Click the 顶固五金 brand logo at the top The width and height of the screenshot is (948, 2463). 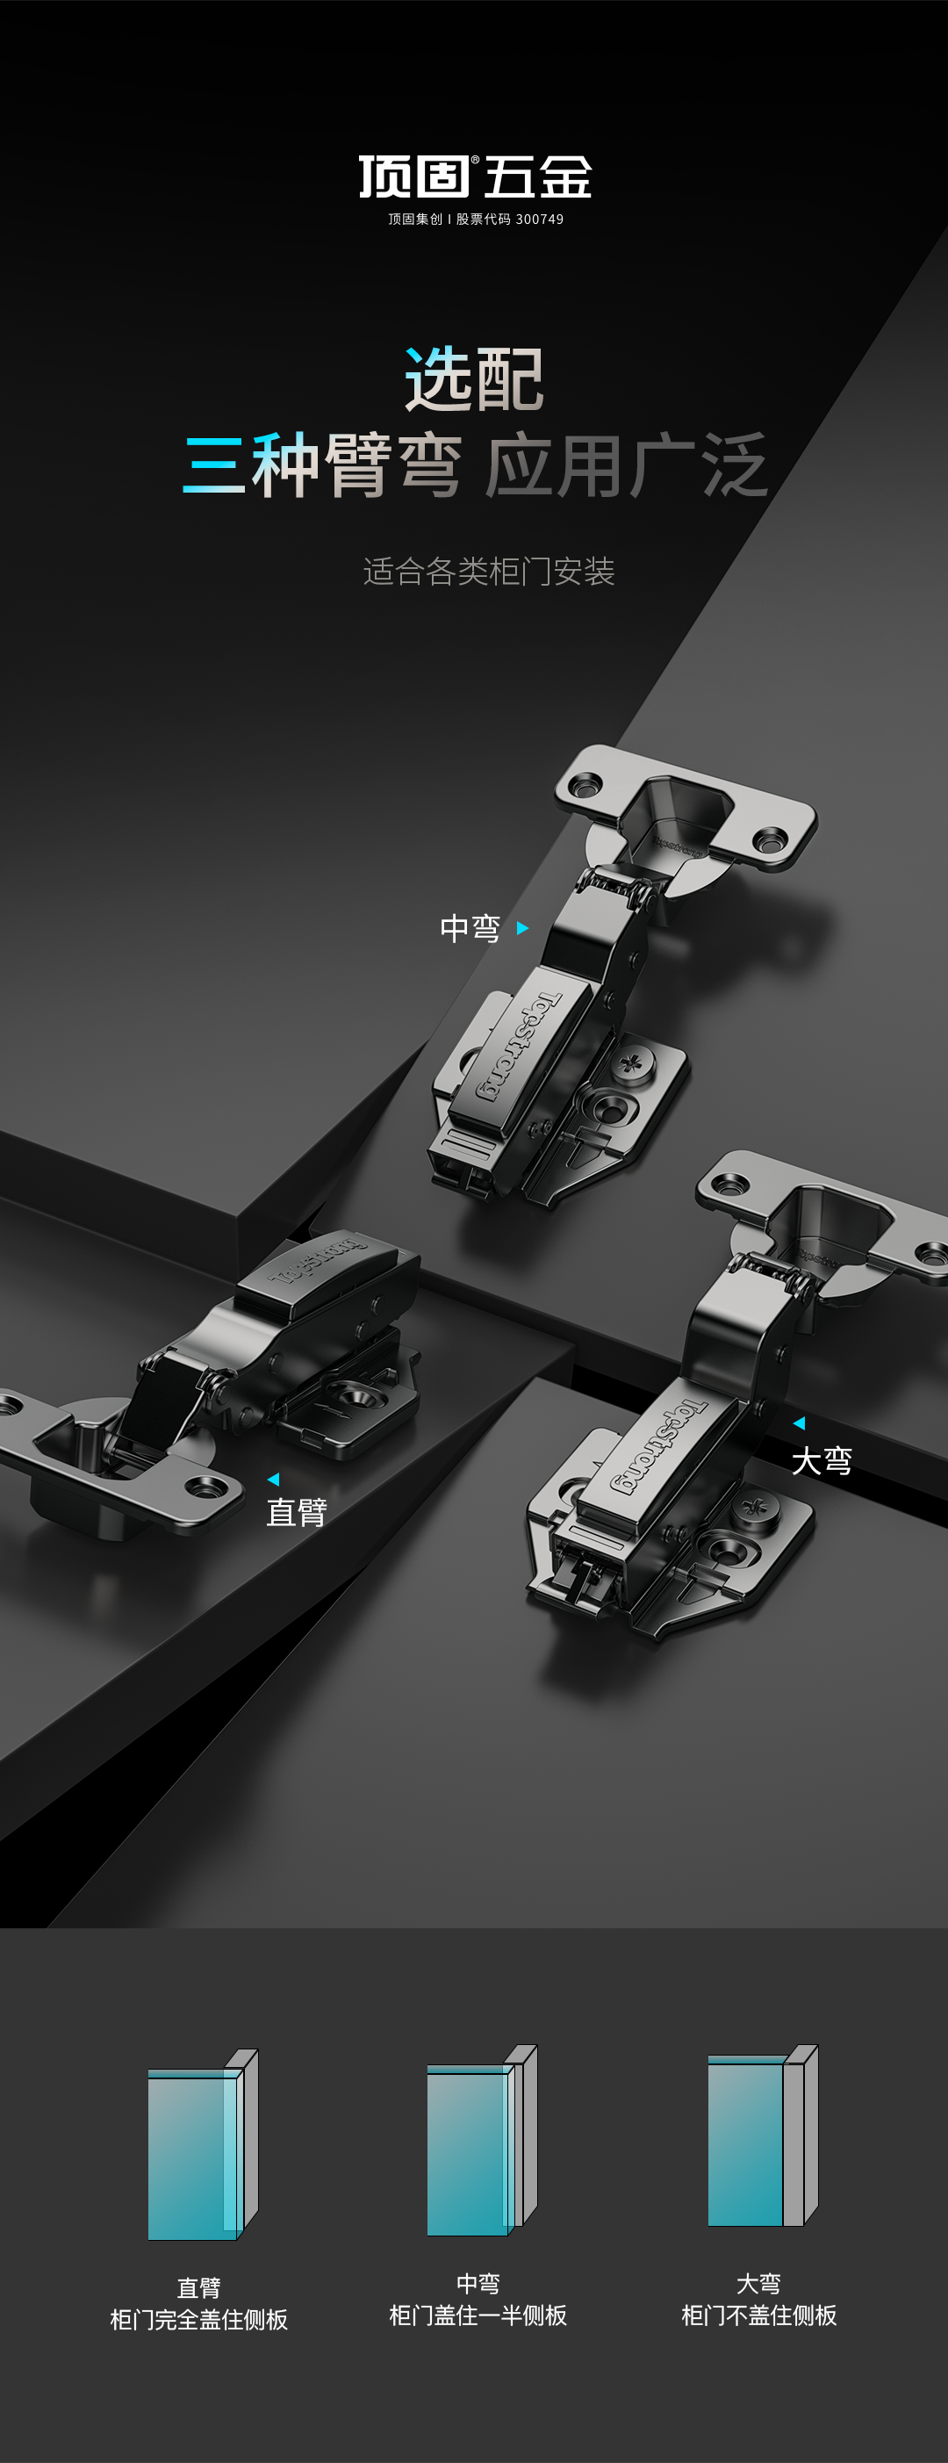475,176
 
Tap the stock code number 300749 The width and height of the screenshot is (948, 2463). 540,219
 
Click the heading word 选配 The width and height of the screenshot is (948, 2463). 475,378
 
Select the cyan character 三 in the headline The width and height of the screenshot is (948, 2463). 214,465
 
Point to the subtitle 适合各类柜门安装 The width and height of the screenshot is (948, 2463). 489,572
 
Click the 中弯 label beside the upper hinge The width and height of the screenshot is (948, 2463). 470,928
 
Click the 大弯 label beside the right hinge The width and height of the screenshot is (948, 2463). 822,1461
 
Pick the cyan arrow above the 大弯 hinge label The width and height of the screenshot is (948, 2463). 799,1422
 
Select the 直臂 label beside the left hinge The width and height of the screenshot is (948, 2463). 297,1513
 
